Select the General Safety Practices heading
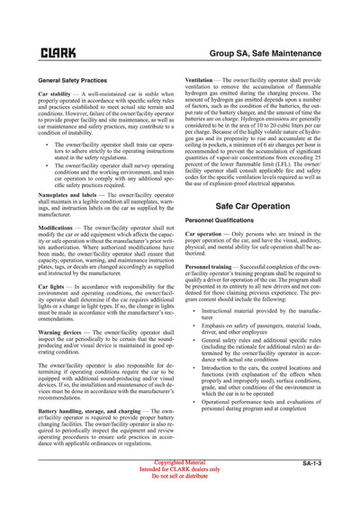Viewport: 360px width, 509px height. pos(73,81)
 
